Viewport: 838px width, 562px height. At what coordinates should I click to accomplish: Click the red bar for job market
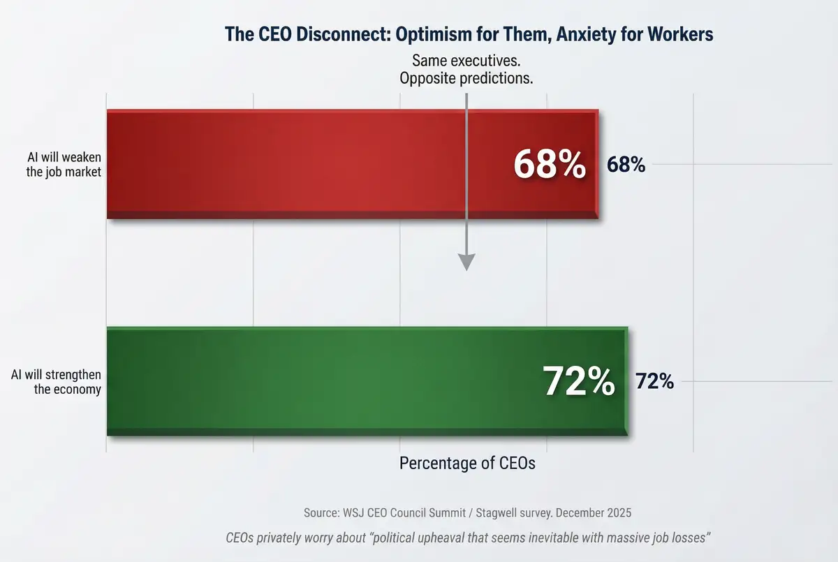(x=314, y=165)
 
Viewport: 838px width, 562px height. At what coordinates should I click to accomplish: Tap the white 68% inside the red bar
(x=550, y=165)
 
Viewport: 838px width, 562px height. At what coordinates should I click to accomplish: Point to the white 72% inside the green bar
(x=579, y=381)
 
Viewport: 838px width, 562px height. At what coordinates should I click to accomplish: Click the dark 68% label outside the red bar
(x=626, y=165)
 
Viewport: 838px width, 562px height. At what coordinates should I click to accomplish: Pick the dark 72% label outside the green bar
(x=654, y=381)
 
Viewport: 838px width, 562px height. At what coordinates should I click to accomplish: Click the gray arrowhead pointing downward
(x=466, y=261)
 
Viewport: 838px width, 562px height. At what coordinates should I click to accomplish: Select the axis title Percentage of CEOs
(x=467, y=463)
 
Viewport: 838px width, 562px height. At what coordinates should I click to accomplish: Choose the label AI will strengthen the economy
(x=61, y=382)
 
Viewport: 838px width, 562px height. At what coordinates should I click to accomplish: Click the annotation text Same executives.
(x=466, y=60)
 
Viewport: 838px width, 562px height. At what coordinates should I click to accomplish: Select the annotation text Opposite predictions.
(x=466, y=78)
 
